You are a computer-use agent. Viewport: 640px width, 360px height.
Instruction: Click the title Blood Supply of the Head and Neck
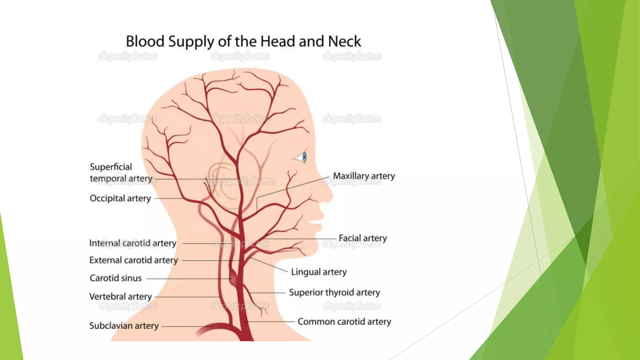click(243, 42)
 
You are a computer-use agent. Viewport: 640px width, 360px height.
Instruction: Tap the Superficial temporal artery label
click(121, 172)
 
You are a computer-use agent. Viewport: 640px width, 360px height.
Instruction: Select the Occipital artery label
click(120, 198)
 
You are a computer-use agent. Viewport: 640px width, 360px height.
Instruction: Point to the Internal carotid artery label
click(133, 243)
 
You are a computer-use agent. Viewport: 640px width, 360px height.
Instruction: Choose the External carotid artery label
click(133, 260)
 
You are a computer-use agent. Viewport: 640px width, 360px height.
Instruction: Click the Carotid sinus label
click(116, 278)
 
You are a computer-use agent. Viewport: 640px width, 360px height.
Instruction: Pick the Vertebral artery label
click(121, 296)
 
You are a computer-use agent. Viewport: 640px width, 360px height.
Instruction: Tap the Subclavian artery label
click(124, 326)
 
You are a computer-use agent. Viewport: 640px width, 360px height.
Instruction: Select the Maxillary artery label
click(364, 176)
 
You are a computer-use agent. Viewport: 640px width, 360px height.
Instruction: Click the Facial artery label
click(362, 238)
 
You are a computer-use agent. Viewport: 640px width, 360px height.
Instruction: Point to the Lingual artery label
click(319, 272)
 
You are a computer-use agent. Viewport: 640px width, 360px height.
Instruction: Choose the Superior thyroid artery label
click(334, 292)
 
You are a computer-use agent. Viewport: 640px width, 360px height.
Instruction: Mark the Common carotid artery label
click(344, 322)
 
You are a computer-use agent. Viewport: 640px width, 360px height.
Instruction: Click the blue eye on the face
click(304, 157)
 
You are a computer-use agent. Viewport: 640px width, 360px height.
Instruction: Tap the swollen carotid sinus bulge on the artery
click(234, 278)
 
